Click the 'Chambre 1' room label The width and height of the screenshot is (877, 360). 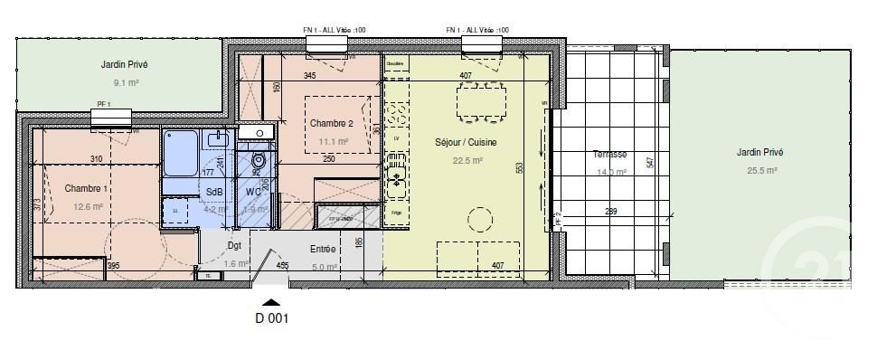tap(85, 188)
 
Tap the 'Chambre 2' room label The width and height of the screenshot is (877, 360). tap(330, 123)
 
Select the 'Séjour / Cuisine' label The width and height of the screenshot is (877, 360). tap(467, 143)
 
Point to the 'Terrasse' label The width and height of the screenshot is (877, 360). tap(610, 154)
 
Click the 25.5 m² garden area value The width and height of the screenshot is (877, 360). tap(759, 170)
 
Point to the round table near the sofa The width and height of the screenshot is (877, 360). tap(479, 218)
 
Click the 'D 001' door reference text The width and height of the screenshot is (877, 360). tap(271, 318)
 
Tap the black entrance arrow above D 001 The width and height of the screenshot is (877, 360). tap(271, 302)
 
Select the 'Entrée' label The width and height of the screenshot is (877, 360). tap(323, 249)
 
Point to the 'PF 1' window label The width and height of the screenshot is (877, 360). tap(103, 105)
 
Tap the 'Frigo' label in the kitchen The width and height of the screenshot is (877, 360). tap(396, 212)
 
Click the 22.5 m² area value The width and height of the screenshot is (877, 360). tap(467, 161)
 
